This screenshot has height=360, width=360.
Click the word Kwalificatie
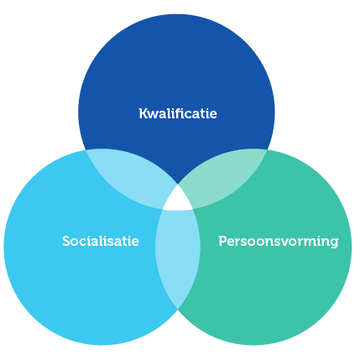point(178,113)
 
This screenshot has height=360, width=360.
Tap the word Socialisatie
point(101,241)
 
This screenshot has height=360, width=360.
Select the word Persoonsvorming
point(279,242)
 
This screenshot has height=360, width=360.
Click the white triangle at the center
point(178,200)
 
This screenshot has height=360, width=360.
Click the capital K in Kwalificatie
point(143,113)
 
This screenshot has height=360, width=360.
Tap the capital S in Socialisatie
point(66,241)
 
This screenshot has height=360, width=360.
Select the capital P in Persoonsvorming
point(223,241)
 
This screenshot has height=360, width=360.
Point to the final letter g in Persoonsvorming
point(334,243)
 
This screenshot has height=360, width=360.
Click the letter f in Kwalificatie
point(185,113)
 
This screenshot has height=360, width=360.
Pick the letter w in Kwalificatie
point(154,115)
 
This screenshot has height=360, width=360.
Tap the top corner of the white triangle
point(178,185)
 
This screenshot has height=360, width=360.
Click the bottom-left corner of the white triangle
point(163,209)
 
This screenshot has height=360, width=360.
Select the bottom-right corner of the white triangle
point(193,209)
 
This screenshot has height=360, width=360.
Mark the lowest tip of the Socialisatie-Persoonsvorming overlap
point(178,309)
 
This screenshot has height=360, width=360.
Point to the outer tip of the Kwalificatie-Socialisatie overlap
point(86,150)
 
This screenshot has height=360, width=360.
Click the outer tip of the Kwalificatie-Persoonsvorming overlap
point(268,150)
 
